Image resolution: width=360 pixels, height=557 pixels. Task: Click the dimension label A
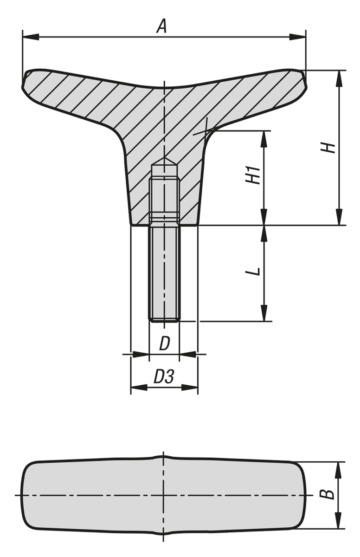click(x=161, y=26)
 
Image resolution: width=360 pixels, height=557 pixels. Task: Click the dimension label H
click(x=329, y=148)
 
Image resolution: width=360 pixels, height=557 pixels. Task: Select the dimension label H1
click(x=253, y=177)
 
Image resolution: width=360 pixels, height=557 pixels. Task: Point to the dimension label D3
click(x=163, y=377)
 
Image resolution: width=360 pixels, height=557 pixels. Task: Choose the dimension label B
click(x=329, y=494)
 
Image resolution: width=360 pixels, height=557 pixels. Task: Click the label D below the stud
click(x=164, y=344)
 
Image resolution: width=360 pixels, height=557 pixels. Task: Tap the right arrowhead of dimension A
click(x=300, y=36)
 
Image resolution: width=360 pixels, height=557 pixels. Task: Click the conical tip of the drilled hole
click(x=164, y=161)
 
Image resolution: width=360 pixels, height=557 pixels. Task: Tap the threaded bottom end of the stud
click(x=164, y=318)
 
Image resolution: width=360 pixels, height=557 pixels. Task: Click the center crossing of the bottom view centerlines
click(x=164, y=495)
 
